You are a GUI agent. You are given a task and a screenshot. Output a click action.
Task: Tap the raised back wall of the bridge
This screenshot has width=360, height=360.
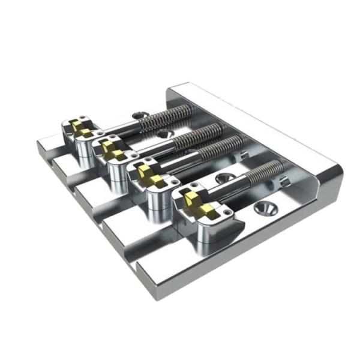pos(252,120)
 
